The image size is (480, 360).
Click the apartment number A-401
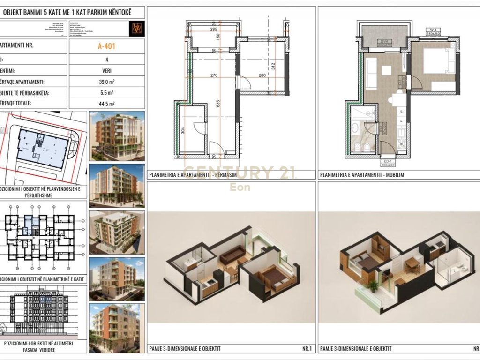click(x=106, y=46)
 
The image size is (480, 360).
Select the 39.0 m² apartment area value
click(x=106, y=82)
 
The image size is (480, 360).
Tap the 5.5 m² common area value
click(x=106, y=93)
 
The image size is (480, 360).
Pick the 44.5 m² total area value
click(x=106, y=104)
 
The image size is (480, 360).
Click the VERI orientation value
click(x=106, y=71)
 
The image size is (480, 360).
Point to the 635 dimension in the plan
click(x=217, y=104)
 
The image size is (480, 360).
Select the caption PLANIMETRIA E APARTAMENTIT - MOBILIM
click(x=361, y=174)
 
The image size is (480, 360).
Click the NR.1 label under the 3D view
click(x=307, y=348)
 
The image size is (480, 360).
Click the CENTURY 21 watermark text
click(x=239, y=173)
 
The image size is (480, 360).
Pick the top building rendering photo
click(x=116, y=136)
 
